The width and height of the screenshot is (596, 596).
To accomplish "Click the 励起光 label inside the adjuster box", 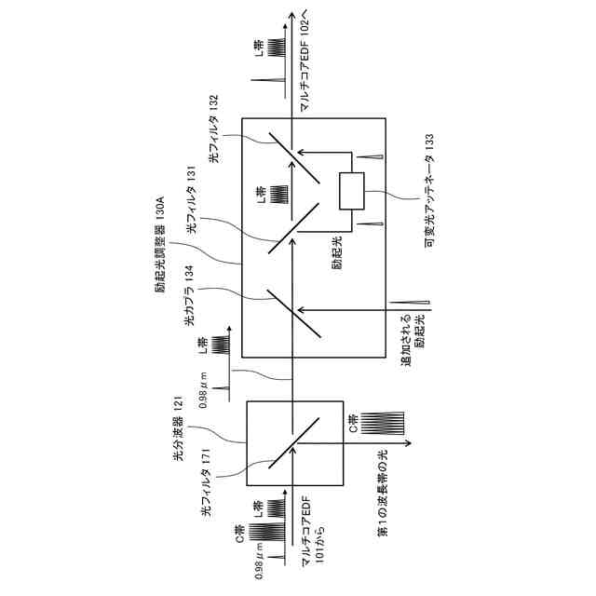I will tap(335, 250).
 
